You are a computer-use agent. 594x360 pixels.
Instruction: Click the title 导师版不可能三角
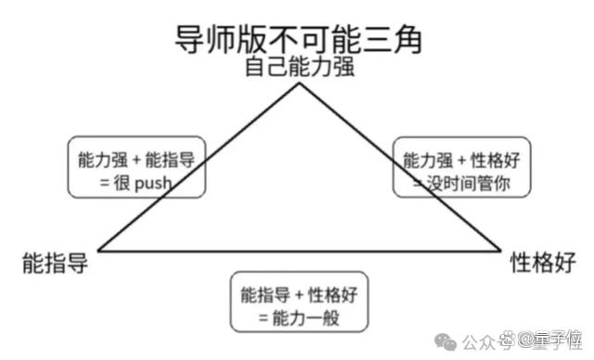(298, 39)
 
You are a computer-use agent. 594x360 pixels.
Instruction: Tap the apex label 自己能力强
(300, 67)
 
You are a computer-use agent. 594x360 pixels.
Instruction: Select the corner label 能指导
(56, 264)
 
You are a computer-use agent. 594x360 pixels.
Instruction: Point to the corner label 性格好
(543, 263)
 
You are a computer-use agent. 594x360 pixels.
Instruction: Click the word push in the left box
(153, 184)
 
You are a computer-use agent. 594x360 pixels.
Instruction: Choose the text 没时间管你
(468, 184)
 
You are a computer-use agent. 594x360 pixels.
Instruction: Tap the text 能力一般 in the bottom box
(305, 318)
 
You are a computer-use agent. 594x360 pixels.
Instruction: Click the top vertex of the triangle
(299, 84)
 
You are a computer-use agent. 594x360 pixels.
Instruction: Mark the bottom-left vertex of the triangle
(98, 251)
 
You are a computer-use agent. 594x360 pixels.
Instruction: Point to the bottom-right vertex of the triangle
(500, 251)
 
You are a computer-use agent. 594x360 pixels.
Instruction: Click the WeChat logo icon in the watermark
(445, 341)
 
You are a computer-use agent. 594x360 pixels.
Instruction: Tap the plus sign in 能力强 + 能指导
(136, 161)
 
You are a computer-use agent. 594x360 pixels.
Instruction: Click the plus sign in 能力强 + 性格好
(461, 161)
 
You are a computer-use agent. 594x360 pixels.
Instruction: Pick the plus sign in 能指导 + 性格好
(299, 296)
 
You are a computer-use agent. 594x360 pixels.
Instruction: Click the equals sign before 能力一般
(264, 318)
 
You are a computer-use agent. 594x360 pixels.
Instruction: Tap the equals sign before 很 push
(105, 184)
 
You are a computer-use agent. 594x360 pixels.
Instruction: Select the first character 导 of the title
(189, 39)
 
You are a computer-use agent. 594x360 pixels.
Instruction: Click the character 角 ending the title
(407, 39)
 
